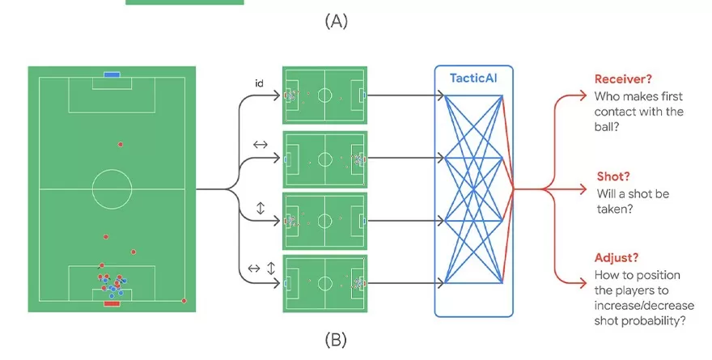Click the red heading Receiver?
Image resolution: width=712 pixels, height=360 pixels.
pos(623,78)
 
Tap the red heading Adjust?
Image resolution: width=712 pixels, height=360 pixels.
pos(617,257)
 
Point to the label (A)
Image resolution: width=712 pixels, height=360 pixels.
pos(336,22)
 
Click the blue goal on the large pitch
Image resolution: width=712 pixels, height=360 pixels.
pos(112,75)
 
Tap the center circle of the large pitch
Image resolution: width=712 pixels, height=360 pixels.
pos(112,188)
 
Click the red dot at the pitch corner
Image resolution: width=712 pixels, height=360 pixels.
pos(184,301)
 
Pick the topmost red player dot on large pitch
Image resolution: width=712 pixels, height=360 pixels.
pos(121,144)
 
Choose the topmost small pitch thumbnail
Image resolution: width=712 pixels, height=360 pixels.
pos(324,95)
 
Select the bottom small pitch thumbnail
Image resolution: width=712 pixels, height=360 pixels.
pos(324,284)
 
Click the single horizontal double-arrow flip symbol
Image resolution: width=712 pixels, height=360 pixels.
pos(260,145)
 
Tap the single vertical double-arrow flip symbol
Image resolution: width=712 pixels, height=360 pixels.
pos(260,208)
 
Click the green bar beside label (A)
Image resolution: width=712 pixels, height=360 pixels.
pos(184,2)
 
